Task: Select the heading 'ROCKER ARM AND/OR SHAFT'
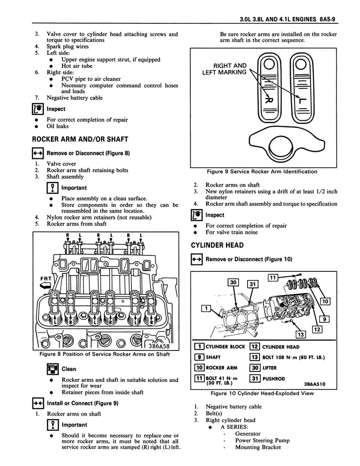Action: click(80, 139)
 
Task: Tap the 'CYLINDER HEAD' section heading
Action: click(217, 246)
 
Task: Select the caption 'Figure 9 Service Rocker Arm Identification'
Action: click(262, 171)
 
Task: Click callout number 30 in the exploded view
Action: click(233, 283)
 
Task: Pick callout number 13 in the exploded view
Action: click(300, 334)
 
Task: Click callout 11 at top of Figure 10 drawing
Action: click(273, 277)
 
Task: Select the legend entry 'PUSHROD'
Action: click(274, 378)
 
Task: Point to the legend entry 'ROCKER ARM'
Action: click(221, 368)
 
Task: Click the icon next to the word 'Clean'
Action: click(52, 369)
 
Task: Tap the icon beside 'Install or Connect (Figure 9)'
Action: click(38, 403)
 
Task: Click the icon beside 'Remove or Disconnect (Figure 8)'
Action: click(38, 153)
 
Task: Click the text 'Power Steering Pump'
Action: click(262, 441)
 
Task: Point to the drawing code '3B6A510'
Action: click(314, 383)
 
